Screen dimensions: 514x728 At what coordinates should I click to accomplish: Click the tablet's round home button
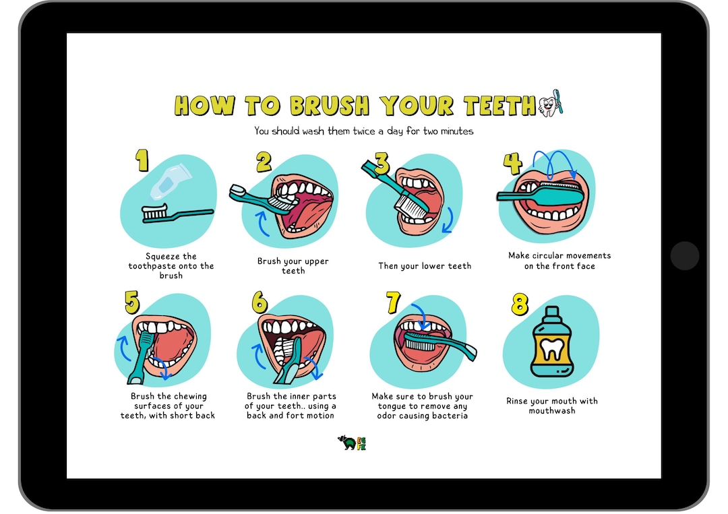pos(685,255)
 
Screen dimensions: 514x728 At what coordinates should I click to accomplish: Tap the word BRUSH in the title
pos(330,106)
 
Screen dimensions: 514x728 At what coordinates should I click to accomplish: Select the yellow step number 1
pos(142,161)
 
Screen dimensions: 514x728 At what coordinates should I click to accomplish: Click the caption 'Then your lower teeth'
pos(425,266)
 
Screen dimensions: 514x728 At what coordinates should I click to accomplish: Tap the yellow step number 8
pos(519,304)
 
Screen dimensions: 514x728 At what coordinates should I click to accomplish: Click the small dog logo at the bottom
pos(347,443)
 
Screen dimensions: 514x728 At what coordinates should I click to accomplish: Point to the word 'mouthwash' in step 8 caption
pos(552,411)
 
